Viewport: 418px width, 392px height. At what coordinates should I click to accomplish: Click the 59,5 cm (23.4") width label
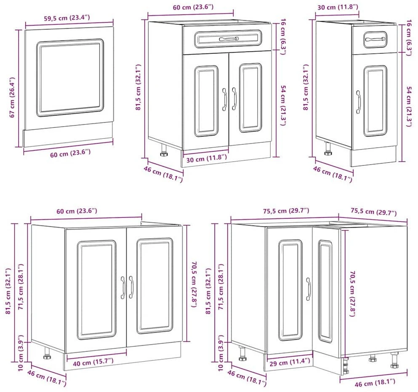tap(67, 18)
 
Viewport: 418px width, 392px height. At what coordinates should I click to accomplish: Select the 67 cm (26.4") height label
tap(12, 97)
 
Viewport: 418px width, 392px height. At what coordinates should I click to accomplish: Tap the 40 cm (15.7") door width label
tap(93, 362)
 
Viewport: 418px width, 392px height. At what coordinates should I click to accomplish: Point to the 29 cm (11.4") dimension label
tap(290, 362)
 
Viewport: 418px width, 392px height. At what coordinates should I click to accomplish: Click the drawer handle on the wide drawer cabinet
tap(229, 39)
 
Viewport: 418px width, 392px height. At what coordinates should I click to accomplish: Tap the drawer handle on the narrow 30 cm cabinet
tap(375, 40)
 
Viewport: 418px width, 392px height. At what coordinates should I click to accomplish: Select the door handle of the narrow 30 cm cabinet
tap(358, 102)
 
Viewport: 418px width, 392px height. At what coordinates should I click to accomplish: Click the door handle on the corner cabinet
tap(309, 289)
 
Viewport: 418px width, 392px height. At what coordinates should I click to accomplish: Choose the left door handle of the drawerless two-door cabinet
tap(123, 287)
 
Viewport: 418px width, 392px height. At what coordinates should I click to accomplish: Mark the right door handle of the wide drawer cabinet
tap(234, 99)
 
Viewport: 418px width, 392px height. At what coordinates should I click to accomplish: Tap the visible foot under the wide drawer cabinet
tap(164, 150)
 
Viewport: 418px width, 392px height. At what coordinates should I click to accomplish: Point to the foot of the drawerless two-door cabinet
tap(47, 353)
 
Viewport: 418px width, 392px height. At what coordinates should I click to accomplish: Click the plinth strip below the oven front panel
tap(68, 135)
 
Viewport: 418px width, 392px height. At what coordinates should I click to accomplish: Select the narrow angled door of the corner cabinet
tap(326, 291)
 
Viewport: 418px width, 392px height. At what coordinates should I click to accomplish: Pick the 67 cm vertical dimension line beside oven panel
tap(19, 89)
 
